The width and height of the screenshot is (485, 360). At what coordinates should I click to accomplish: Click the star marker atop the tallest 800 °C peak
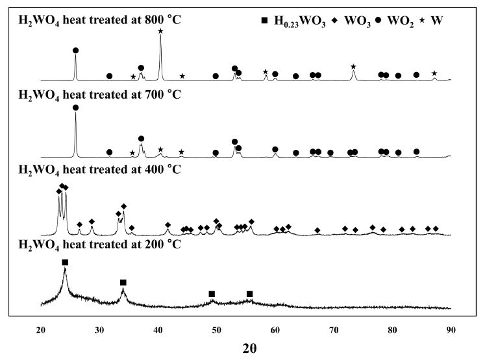160,31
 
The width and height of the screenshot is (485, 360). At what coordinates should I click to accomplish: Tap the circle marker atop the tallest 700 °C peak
76,108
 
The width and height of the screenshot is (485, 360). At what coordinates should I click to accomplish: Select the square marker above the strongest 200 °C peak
65,262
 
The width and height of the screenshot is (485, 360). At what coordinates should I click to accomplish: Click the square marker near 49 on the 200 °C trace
212,294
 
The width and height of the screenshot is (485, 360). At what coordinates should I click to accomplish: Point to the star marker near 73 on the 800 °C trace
353,67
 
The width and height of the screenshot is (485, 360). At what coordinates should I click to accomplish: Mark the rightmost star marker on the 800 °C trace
434,73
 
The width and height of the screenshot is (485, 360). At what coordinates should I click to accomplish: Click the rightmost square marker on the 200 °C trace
250,294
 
